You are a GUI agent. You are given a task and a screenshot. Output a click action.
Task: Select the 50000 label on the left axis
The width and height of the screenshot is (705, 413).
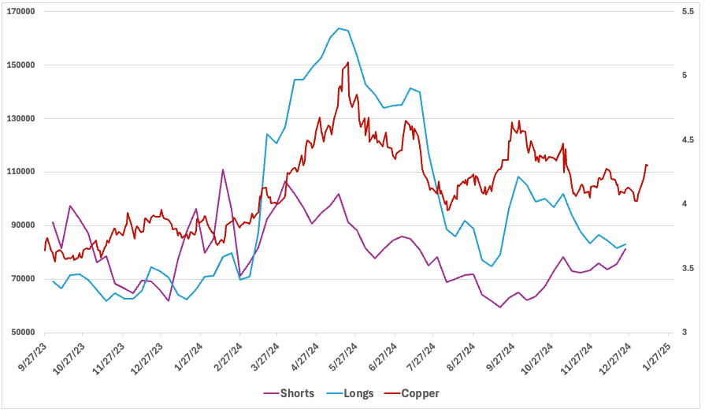(x=23, y=332)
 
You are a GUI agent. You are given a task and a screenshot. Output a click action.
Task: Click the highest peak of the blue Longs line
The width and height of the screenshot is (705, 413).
(x=339, y=28)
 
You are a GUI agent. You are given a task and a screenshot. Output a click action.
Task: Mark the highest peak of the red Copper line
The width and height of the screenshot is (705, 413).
(x=348, y=62)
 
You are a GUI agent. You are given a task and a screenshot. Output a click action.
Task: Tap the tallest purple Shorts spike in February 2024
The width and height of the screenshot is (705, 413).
(x=223, y=169)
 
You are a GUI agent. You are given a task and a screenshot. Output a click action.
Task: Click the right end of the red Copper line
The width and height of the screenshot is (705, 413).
(x=647, y=165)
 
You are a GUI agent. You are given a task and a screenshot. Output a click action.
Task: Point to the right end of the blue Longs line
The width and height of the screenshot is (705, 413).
(x=626, y=244)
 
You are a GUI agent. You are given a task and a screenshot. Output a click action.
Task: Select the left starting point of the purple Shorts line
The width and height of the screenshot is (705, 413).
(x=53, y=222)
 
